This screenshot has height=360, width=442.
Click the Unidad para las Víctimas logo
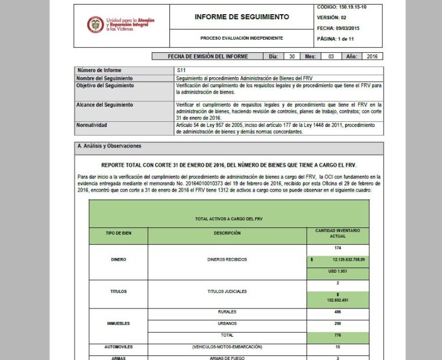(121, 24)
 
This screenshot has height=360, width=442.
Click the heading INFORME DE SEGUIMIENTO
(241, 17)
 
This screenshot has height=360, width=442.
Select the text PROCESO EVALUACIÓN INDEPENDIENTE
(241, 38)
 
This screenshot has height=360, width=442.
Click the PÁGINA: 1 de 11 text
(337, 39)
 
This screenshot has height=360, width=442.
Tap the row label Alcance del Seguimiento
(105, 105)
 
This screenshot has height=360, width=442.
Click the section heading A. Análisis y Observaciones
(109, 146)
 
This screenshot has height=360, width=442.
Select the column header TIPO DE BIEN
(118, 233)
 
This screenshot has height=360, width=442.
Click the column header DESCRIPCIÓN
(227, 233)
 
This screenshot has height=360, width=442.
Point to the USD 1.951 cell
(338, 271)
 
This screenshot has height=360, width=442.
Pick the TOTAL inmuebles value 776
(338, 336)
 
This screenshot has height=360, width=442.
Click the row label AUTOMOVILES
(118, 346)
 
